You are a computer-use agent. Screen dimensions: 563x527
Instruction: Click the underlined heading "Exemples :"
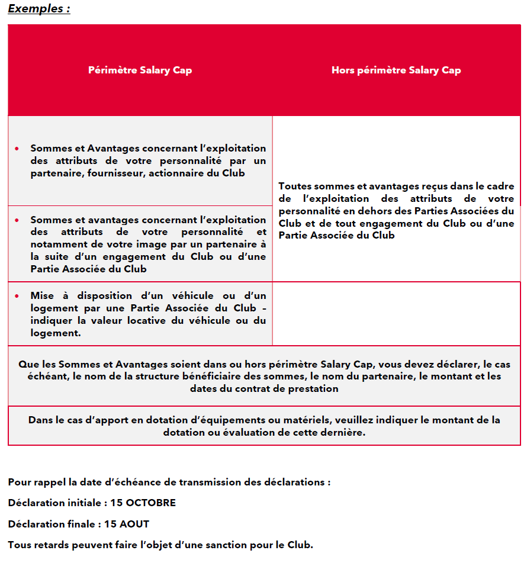point(39,9)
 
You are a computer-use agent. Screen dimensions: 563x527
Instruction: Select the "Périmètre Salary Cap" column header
point(140,70)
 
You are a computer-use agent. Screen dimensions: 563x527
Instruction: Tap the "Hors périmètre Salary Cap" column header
point(396,70)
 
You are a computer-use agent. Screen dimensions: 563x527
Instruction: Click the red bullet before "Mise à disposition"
point(17,296)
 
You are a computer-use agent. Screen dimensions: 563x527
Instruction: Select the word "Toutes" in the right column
point(294,186)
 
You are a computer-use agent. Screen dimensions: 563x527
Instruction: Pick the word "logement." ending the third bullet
point(55,333)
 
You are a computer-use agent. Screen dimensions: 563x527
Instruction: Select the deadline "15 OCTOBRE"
point(143,503)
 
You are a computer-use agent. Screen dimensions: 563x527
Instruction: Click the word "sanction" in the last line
point(231,545)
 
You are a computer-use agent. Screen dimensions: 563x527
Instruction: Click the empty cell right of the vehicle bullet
point(396,314)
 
